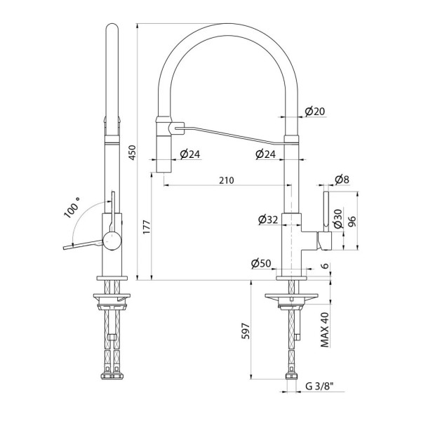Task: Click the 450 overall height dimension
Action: coord(133,152)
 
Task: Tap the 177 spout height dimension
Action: coord(147,227)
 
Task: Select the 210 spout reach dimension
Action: coord(227,180)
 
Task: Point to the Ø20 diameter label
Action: coord(315,111)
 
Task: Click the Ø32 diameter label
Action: coord(268,220)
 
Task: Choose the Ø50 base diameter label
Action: coord(261,264)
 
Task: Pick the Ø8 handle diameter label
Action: coord(342,180)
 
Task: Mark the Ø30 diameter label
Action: coord(339,219)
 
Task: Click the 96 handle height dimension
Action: coord(352,221)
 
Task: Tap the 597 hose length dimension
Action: coord(246,331)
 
